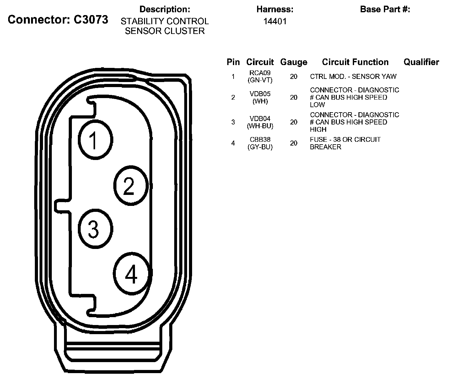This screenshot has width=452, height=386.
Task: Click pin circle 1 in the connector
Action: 95,140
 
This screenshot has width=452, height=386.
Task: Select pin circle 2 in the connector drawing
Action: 131,186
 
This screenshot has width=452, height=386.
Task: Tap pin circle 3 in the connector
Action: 95,229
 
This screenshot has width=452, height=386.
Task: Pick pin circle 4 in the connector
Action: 132,274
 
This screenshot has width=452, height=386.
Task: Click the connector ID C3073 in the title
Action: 91,19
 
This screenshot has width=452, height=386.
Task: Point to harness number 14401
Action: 275,21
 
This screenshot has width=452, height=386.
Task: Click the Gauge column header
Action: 294,62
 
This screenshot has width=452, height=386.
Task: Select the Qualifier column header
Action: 421,62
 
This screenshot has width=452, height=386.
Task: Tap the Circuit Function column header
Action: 355,62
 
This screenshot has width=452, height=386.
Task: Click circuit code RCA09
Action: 260,73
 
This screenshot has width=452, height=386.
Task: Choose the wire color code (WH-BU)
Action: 260,126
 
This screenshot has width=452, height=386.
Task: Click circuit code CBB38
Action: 260,140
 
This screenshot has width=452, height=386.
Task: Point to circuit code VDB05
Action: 260,94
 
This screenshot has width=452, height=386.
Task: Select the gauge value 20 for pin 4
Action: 294,143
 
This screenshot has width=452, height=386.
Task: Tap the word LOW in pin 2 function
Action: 317,105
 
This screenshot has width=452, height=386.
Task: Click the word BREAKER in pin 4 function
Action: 326,147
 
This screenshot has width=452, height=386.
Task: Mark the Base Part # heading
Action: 385,9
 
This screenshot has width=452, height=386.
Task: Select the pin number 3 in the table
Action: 233,122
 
